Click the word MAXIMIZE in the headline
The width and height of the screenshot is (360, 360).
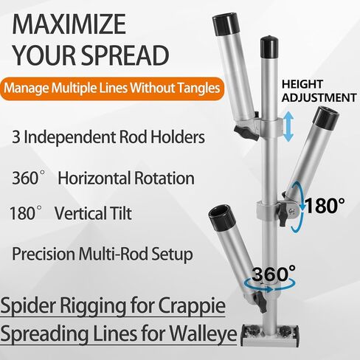pos(69,24)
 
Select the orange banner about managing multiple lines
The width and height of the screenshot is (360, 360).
pos(112,89)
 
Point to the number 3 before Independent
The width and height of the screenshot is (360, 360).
pos(16,137)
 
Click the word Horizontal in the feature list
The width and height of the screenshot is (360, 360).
pos(94,178)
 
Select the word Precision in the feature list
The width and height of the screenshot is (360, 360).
pos(44,254)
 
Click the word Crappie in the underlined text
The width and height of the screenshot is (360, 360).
pos(192,305)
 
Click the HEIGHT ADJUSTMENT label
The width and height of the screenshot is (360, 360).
pos(319,91)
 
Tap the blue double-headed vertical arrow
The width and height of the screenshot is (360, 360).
pos(288,126)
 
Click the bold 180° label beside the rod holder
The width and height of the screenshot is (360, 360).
pos(324,206)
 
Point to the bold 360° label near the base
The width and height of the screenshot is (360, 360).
pos(274,274)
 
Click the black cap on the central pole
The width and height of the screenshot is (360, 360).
pos(269,48)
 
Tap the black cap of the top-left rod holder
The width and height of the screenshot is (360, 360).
pos(226,24)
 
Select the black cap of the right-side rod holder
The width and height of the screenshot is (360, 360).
pos(326,118)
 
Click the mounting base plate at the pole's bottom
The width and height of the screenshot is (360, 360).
pos(270,335)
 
